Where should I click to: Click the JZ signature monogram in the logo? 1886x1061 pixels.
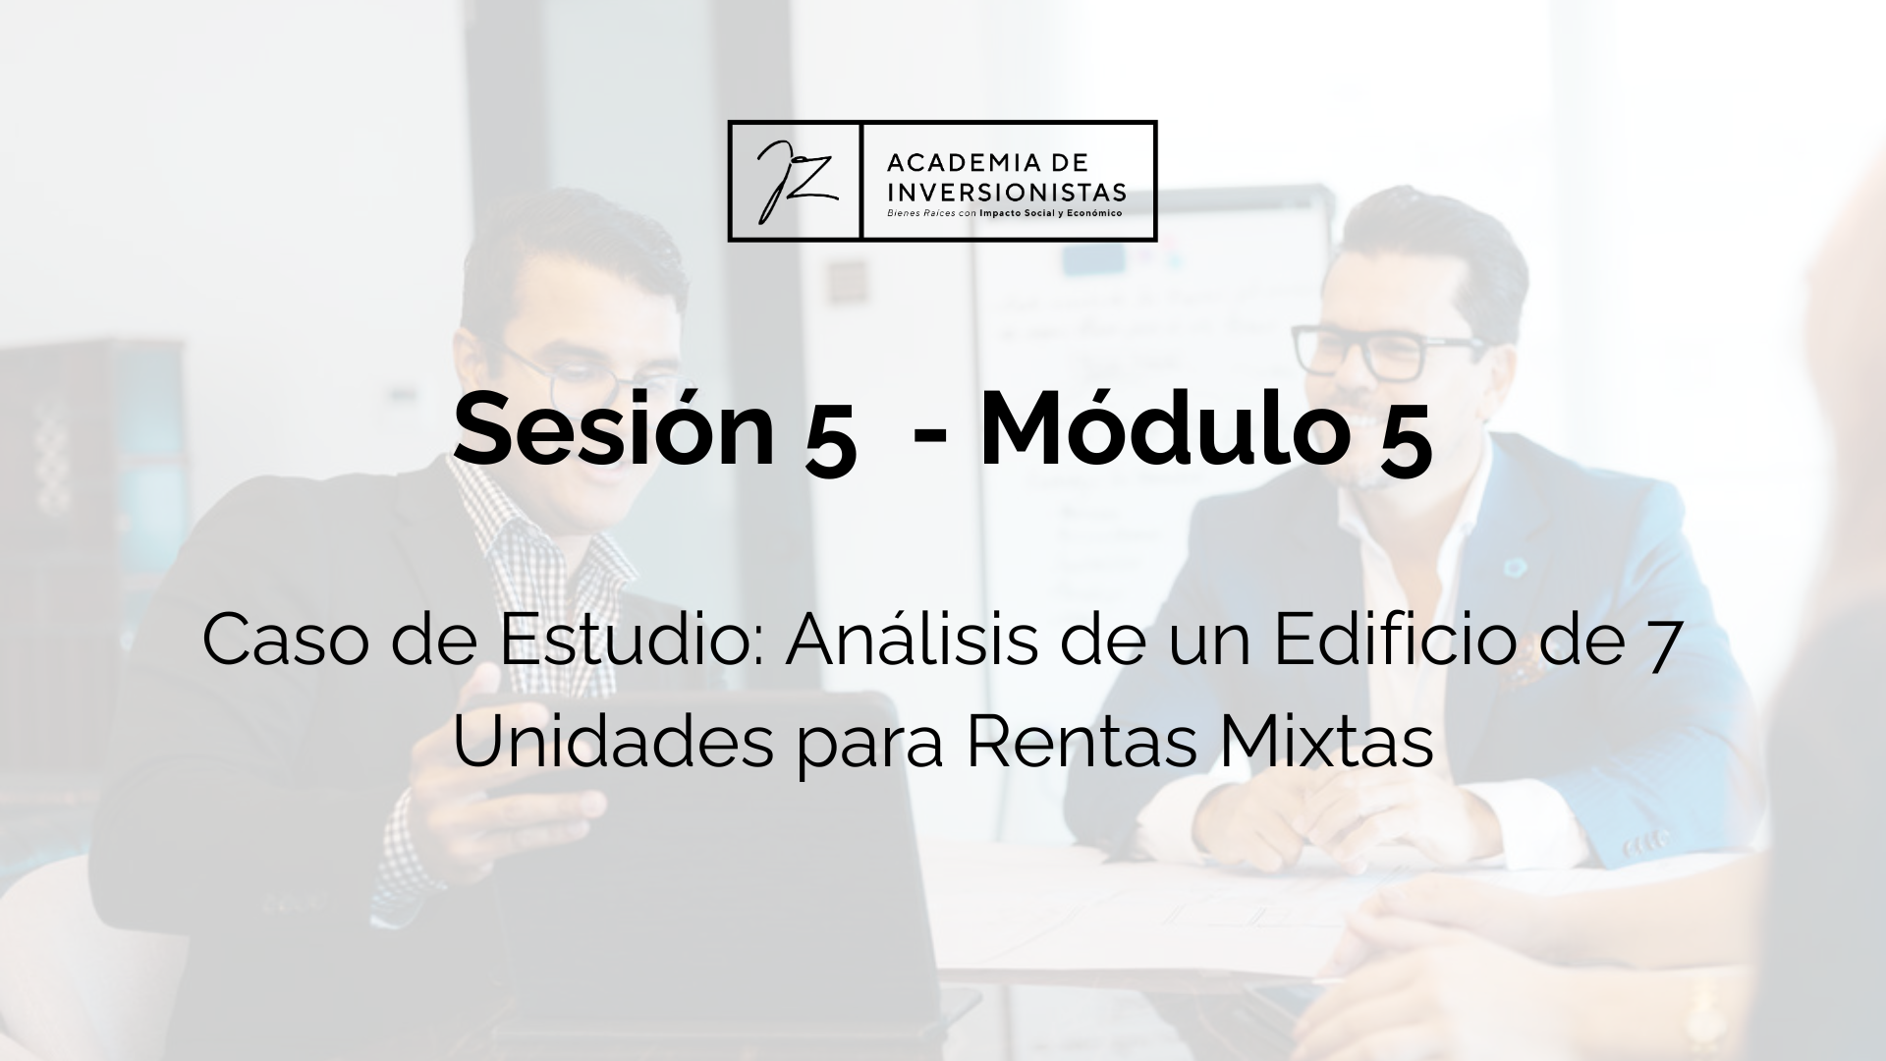click(794, 181)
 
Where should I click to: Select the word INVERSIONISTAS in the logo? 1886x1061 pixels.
click(1006, 191)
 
